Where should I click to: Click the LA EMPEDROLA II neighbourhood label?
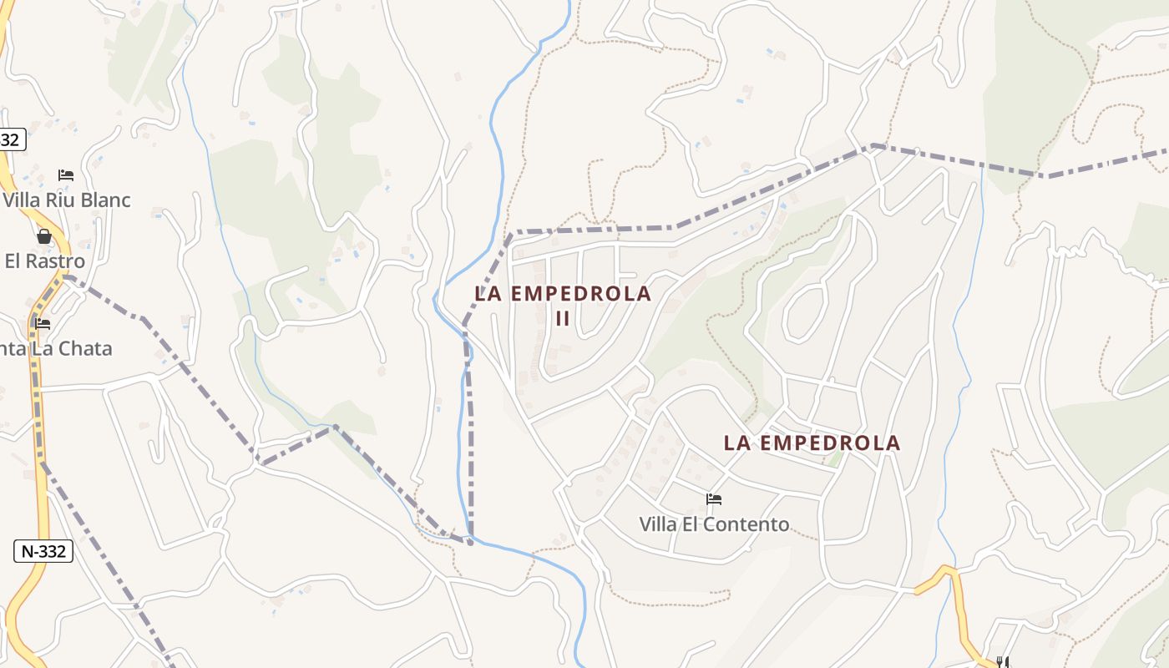point(562,305)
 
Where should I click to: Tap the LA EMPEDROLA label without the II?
point(812,443)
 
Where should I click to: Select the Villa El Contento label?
point(714,524)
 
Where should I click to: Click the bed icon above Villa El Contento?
point(713,499)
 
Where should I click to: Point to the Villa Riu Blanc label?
point(67,200)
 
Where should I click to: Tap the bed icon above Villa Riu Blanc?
point(66,175)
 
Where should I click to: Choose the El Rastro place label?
point(45,261)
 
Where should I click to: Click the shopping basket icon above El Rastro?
point(44,237)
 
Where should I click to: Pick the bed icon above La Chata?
point(43,323)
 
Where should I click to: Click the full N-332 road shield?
point(43,551)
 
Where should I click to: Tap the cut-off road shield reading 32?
point(11,139)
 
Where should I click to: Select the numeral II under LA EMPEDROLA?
point(562,319)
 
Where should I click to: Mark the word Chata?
point(87,348)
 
